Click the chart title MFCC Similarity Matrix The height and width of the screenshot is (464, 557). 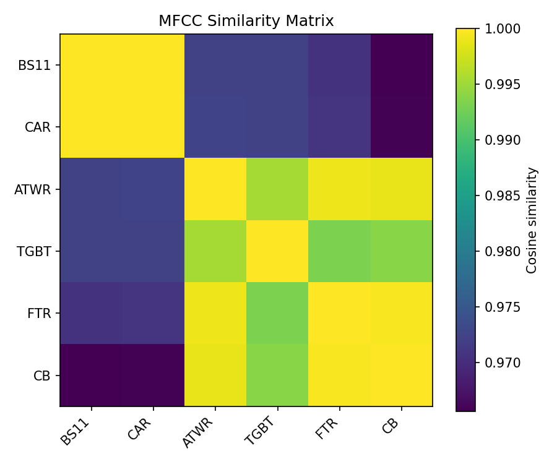[x=246, y=21]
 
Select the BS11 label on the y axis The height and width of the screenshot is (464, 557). [x=38, y=65]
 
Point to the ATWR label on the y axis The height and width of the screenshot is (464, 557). [x=33, y=189]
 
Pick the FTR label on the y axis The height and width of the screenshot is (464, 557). [x=40, y=313]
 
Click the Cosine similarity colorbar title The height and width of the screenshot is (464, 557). [x=532, y=220]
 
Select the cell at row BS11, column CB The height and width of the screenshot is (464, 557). [x=402, y=65]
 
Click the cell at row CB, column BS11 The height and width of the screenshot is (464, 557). [x=91, y=375]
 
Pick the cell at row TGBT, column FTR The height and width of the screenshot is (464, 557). [x=339, y=251]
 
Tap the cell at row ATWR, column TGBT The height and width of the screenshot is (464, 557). [x=277, y=189]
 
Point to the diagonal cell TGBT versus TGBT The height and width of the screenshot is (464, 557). [x=277, y=251]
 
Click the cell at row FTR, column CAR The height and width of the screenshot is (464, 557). [x=153, y=313]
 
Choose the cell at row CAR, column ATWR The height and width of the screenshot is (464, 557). [x=215, y=127]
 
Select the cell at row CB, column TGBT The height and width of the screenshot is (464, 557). [x=277, y=375]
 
